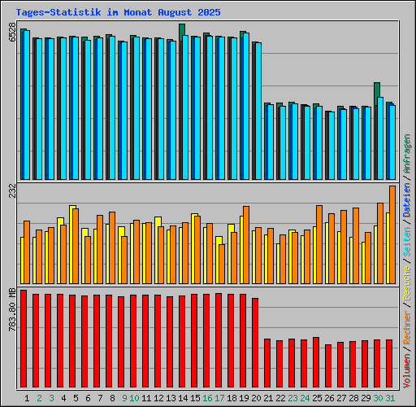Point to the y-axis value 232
[11, 191]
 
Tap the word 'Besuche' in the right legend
[407, 282]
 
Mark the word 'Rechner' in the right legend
[407, 324]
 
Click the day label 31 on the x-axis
[391, 398]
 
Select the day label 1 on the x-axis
[27, 398]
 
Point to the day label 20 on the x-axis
[256, 398]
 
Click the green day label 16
[207, 398]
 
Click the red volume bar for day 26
[328, 367]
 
